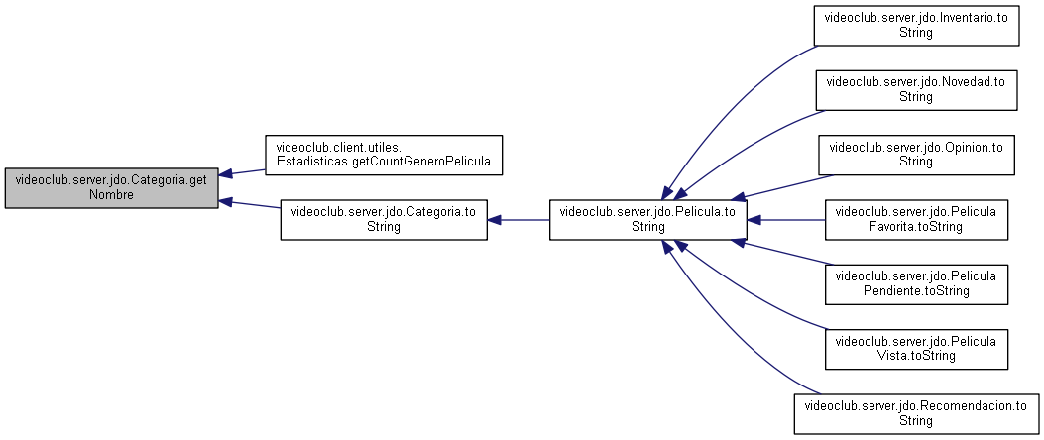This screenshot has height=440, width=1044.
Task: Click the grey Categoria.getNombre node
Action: coord(111,187)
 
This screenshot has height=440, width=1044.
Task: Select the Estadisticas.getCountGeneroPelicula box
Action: coord(383,156)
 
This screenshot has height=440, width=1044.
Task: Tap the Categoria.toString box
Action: coord(384,220)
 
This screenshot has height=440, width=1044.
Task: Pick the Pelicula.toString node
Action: coord(647,220)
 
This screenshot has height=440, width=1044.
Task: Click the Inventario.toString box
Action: coord(916,26)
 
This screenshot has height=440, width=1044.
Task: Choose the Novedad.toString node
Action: coord(916,90)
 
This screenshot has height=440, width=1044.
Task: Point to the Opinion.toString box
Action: coord(916,156)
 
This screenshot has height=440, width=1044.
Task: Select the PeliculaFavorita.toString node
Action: coord(916,220)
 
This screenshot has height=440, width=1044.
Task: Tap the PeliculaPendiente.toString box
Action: coord(916,284)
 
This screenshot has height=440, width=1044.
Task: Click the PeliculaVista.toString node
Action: coord(916,349)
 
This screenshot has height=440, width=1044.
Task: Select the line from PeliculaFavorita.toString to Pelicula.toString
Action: coord(785,220)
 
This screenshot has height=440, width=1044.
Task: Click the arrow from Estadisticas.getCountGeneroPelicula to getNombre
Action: coord(242,172)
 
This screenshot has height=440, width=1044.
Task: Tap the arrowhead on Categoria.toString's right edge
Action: coord(494,220)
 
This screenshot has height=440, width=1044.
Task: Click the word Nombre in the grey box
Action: coord(111,194)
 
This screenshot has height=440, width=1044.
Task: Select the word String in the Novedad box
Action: coord(916,96)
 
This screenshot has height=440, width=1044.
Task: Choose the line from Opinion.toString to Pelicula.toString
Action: coord(782,187)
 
